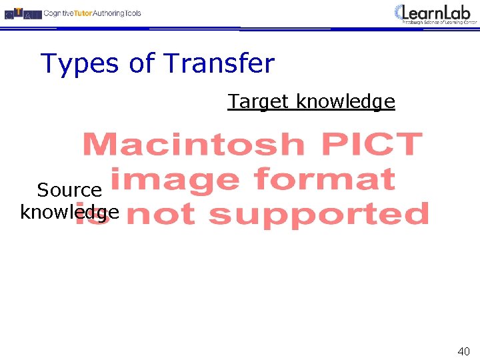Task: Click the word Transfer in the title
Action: click(219, 64)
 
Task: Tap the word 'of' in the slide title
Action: click(141, 64)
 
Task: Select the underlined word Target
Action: click(259, 101)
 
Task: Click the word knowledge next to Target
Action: click(345, 102)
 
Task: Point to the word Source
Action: click(69, 190)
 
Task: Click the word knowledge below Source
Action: click(69, 213)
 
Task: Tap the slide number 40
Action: click(463, 351)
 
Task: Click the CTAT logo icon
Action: click(22, 13)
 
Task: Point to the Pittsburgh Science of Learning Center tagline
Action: click(440, 22)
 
